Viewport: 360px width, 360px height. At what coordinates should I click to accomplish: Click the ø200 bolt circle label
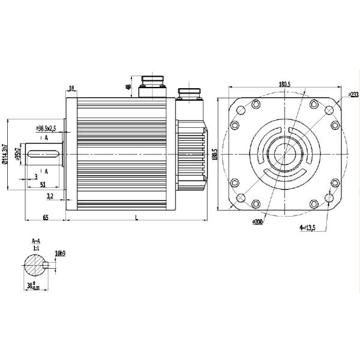tap(257, 221)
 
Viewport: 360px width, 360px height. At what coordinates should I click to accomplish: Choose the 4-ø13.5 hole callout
tap(307, 228)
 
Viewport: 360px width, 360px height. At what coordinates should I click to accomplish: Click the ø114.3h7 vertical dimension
tap(5, 154)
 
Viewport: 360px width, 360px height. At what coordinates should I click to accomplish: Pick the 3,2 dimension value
tap(50, 196)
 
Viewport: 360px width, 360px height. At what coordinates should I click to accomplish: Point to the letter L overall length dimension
tap(136, 217)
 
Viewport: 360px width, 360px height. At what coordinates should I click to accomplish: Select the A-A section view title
tap(35, 241)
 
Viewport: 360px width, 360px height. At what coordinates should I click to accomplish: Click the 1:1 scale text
tap(35, 247)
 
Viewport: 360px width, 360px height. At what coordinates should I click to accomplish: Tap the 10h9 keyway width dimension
tap(60, 253)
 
